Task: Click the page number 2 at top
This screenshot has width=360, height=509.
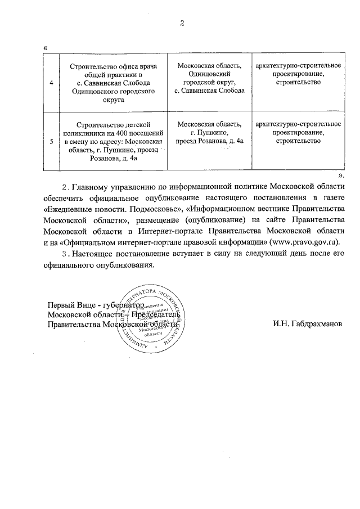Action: click(x=182, y=23)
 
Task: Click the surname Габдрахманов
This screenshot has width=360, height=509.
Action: click(x=308, y=324)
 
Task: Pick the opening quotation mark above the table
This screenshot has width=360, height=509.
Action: click(x=45, y=47)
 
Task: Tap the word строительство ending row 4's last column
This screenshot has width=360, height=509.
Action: click(x=299, y=83)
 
